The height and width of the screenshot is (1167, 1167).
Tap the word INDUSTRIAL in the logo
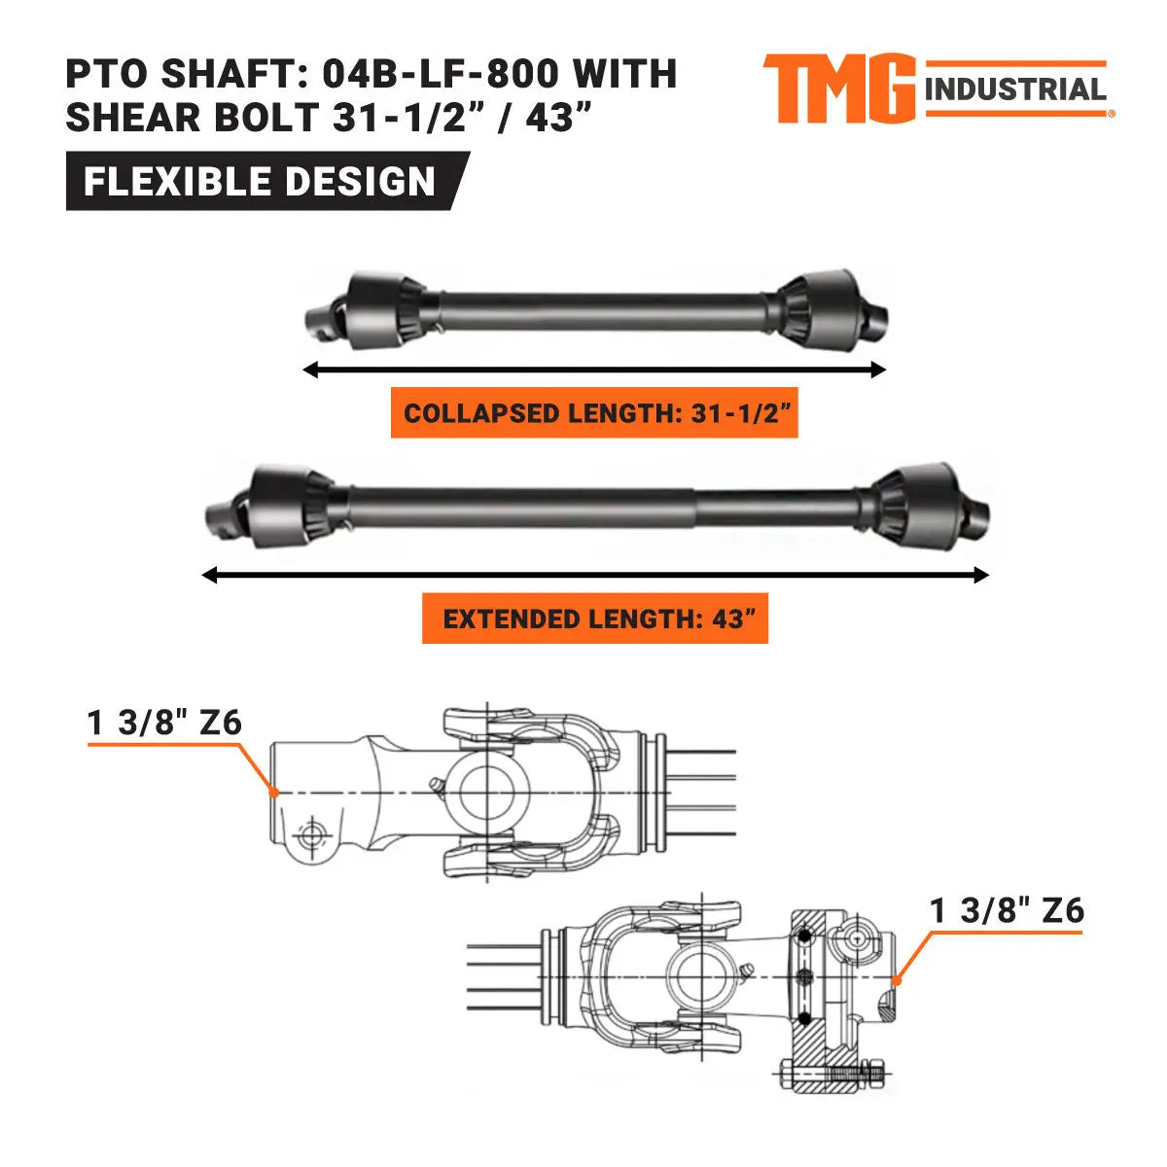coord(1016,90)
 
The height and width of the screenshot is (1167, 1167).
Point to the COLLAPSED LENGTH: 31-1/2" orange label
coord(594,413)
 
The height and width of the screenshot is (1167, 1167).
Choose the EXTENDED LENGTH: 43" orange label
coord(595,619)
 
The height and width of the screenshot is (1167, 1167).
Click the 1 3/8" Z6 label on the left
coord(164,724)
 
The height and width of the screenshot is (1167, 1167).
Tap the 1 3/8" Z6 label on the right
coord(1007,911)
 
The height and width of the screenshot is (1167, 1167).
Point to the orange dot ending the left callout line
coord(275,793)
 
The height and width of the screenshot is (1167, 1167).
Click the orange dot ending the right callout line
coord(897,980)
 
